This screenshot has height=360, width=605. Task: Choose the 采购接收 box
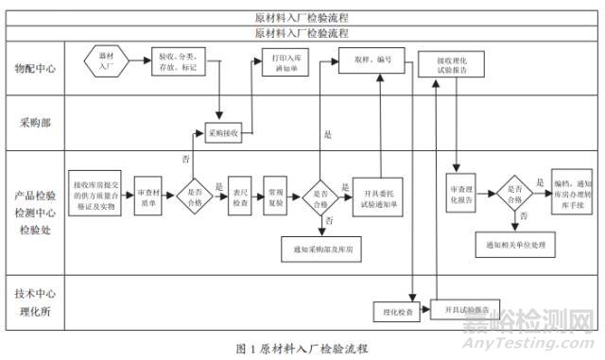coord(221,133)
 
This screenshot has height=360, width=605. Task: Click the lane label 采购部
coord(36,124)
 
